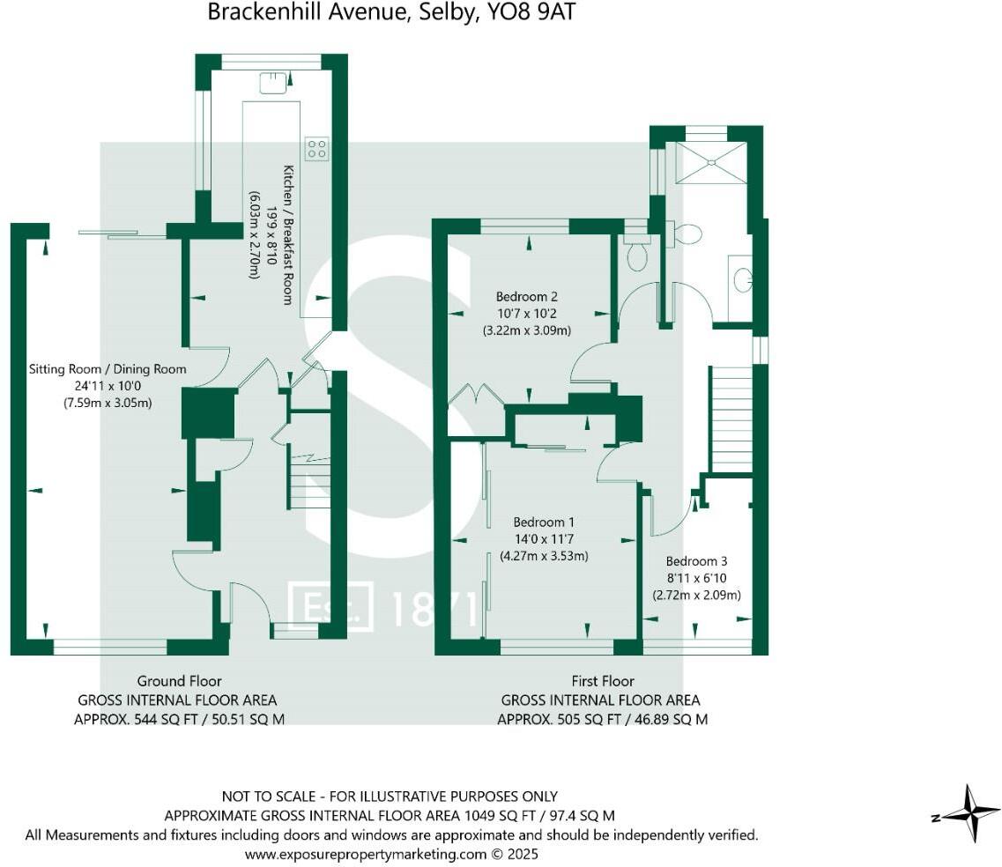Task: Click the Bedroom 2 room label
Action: pyautogui.click(x=526, y=297)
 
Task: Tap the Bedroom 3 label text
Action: pyautogui.click(x=696, y=561)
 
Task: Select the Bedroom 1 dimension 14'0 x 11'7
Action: pyautogui.click(x=543, y=538)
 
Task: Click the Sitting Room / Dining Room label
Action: pyautogui.click(x=108, y=369)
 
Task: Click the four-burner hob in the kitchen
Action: pyautogui.click(x=316, y=148)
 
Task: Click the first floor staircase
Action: pyautogui.click(x=731, y=419)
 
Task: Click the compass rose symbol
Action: pyautogui.click(x=969, y=812)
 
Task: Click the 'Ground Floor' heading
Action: pyautogui.click(x=179, y=680)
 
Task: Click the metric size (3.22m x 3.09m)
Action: pyautogui.click(x=526, y=330)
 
